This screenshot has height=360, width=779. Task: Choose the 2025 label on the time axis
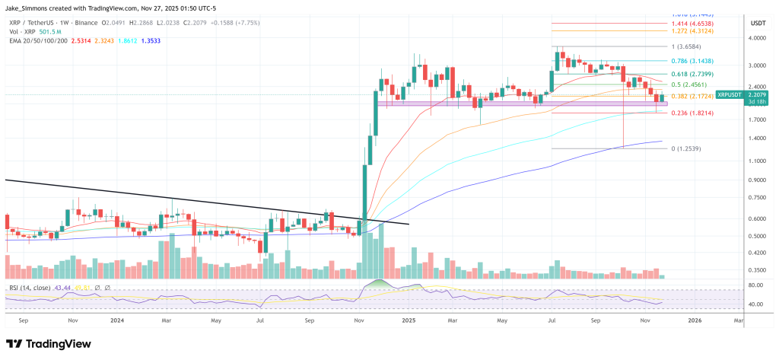coord(409,321)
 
